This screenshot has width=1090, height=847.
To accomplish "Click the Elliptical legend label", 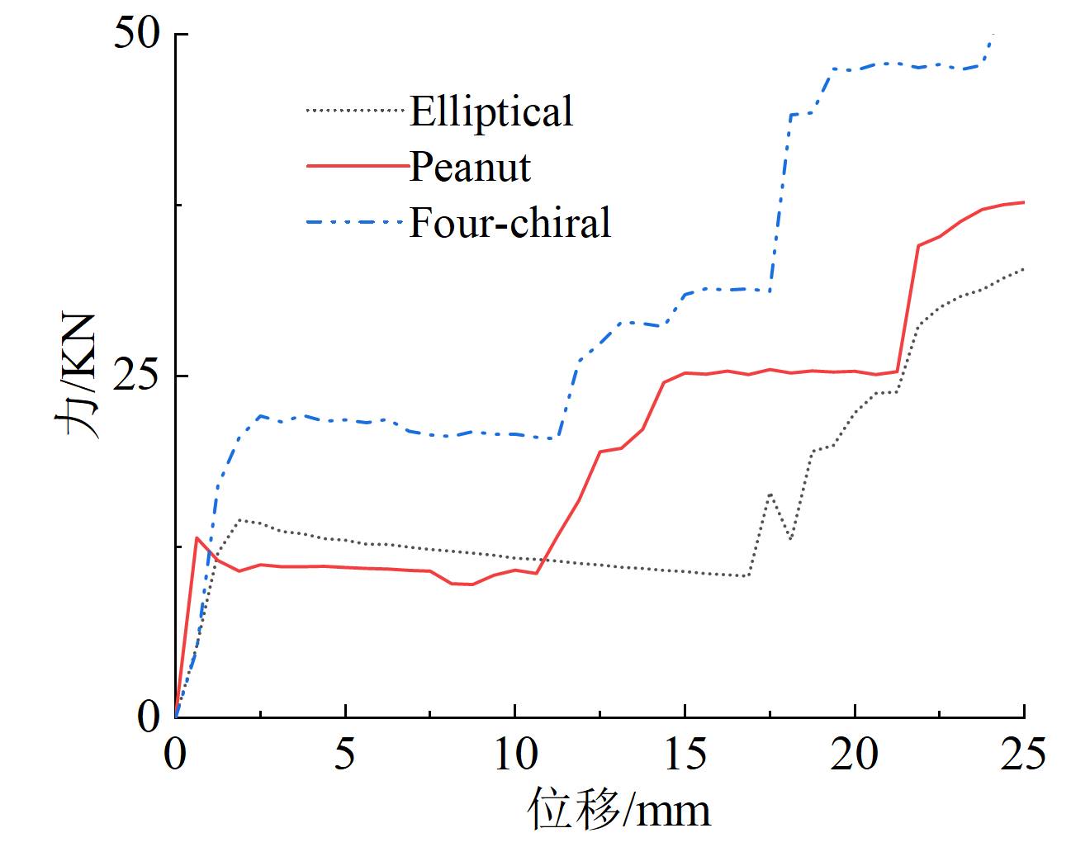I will point(490,111).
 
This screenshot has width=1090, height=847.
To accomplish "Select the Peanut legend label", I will point(470,167).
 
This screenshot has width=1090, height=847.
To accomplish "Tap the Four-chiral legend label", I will point(510,222).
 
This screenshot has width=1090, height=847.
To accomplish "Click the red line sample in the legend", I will point(357,166).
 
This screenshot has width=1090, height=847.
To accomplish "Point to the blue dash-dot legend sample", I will point(357,222).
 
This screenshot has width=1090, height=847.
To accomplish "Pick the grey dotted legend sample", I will point(357,110).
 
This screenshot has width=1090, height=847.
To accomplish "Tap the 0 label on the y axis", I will point(148,717).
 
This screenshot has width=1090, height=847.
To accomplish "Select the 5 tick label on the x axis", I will point(345,754).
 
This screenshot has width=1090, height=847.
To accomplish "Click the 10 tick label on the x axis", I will point(515,754).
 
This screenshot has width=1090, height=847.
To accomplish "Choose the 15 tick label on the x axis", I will point(685,754).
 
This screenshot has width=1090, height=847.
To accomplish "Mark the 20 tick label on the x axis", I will point(855,754).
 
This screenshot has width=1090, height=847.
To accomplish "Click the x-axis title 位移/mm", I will point(619,810).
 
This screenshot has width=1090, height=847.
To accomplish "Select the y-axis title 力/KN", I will point(78,376).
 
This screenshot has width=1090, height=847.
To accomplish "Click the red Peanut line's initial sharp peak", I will point(197,537).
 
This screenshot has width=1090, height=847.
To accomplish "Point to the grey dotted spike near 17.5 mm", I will point(770,494).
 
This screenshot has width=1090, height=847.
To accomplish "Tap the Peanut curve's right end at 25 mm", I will point(1024,202).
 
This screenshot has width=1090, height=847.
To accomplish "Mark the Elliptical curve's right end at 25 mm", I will point(1024,269).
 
